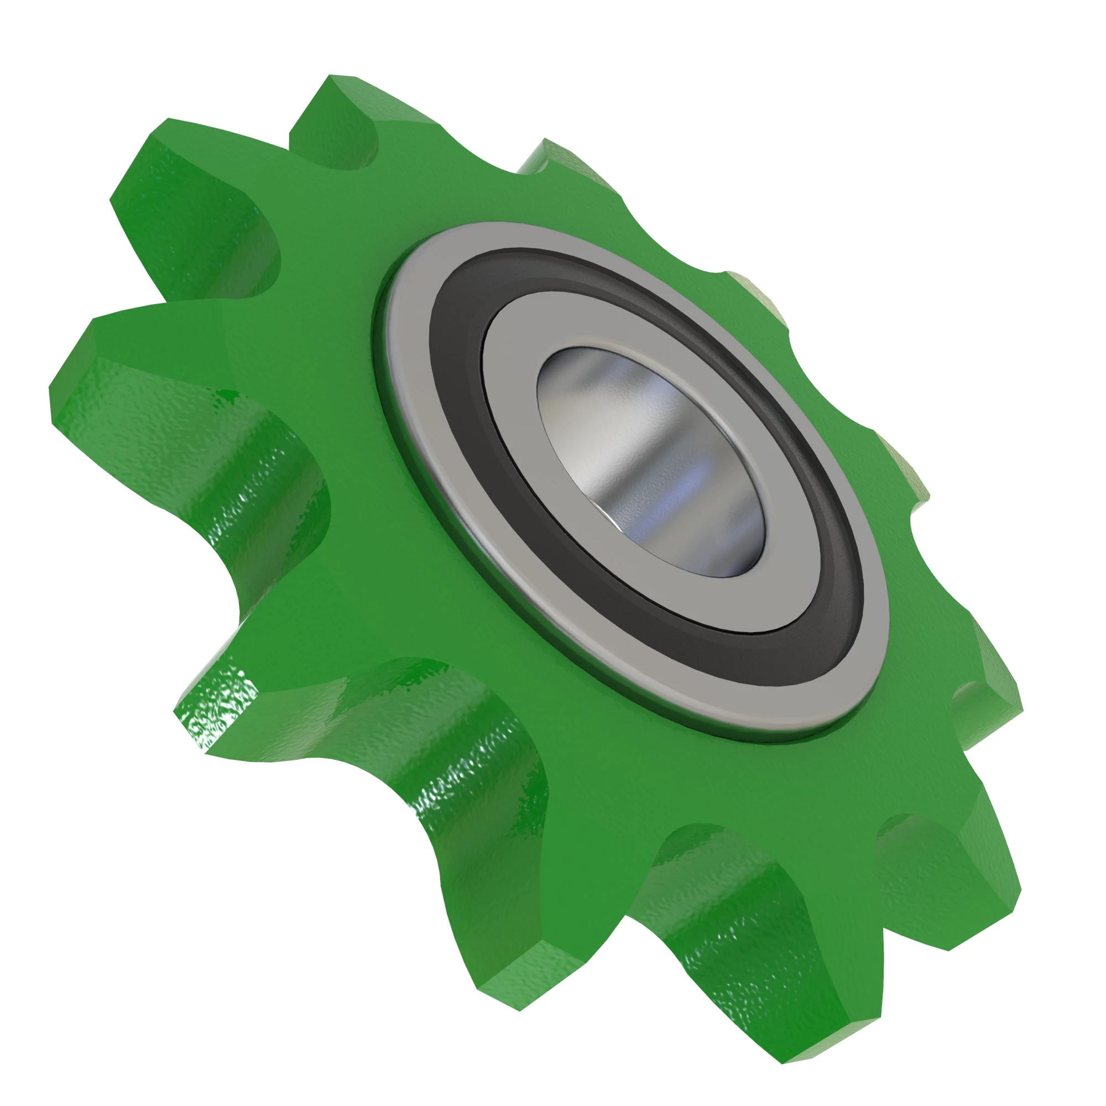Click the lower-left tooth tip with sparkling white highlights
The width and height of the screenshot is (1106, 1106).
pyautogui.click(x=217, y=716)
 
